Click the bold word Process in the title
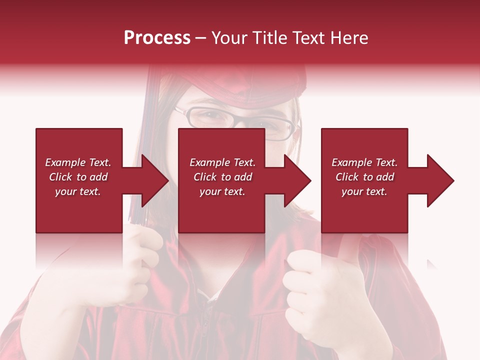pos(157,37)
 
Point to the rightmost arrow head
pos(439,180)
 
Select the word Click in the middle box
pos(205,177)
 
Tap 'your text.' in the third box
pos(364,191)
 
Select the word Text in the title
pos(306,37)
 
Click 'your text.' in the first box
pos(78,191)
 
